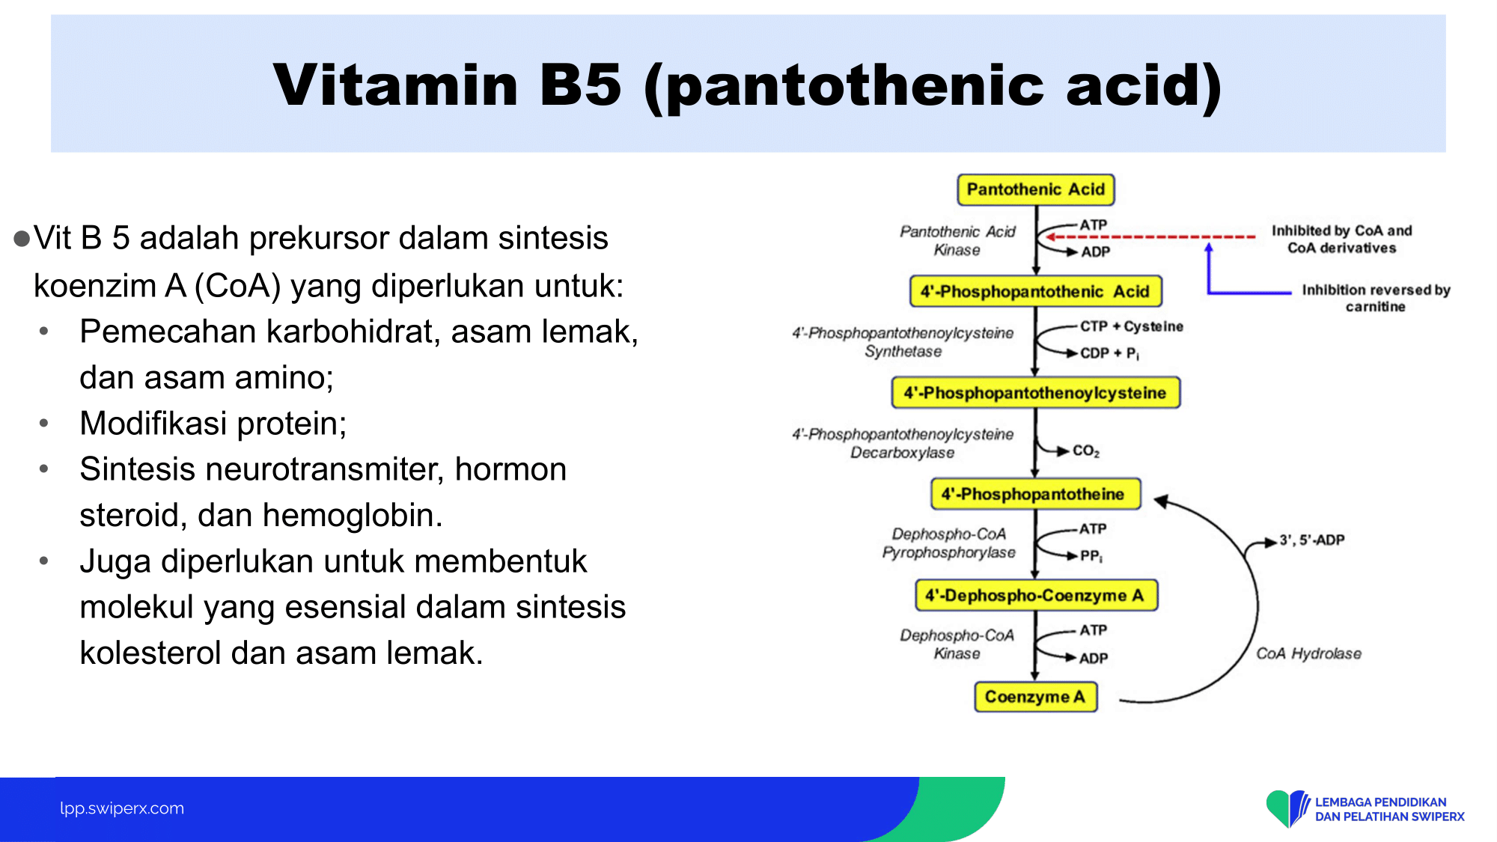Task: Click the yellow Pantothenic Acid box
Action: (1036, 189)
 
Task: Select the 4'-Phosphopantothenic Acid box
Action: (1036, 291)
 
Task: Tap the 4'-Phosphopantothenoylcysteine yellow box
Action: (1036, 393)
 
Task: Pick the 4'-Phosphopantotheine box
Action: (1036, 494)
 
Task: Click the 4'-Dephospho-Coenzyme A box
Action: (1036, 595)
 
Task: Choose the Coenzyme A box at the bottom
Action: (1036, 697)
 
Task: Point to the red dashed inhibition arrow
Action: (1151, 237)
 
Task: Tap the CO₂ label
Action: (1086, 451)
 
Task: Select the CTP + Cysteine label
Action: (1132, 326)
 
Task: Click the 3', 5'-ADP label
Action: (1312, 540)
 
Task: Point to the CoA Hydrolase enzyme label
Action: (1308, 653)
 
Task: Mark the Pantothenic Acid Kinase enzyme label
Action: (957, 241)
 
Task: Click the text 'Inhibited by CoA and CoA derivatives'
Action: (1342, 239)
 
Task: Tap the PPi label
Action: (1091, 556)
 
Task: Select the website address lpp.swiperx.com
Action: (122, 808)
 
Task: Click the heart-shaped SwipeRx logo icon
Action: (1287, 808)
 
